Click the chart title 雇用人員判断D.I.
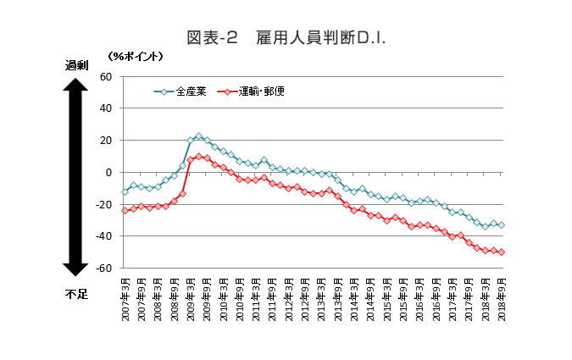286,38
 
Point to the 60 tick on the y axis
107,76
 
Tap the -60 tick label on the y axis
104,269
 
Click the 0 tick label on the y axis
109,172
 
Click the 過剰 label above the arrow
75,65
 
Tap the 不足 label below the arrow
75,294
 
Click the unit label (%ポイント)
136,56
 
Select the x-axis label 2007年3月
125,296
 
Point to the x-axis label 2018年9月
502,296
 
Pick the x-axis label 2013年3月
322,296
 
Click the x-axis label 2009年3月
191,296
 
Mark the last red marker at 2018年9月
502,252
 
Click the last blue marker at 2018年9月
502,225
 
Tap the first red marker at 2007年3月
125,210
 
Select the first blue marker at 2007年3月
125,191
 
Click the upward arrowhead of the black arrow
75,85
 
